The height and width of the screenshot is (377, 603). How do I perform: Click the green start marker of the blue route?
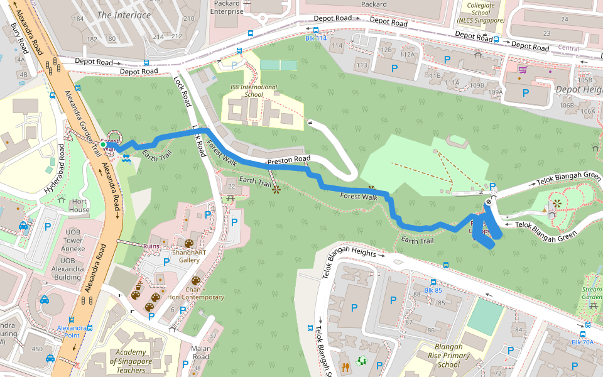pyautogui.click(x=103, y=145)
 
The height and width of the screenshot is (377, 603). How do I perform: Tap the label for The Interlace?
pyautogui.click(x=124, y=14)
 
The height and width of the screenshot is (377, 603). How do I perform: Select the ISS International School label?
pyautogui.click(x=253, y=90)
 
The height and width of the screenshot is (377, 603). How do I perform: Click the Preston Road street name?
pyautogui.click(x=289, y=161)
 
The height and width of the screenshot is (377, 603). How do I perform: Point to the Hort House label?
pyautogui.click(x=79, y=205)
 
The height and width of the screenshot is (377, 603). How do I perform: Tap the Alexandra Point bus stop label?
pyautogui.click(x=72, y=328)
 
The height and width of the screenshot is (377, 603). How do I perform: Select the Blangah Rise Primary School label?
pyautogui.click(x=448, y=355)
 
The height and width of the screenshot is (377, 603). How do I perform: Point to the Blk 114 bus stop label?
pyautogui.click(x=316, y=38)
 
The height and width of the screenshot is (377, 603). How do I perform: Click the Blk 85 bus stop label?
pyautogui.click(x=433, y=290)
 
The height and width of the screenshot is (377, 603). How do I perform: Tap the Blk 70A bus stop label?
pyautogui.click(x=582, y=342)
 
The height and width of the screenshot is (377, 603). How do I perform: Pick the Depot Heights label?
pyautogui.click(x=579, y=90)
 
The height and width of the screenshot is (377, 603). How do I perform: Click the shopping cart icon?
pyautogui.click(x=523, y=68)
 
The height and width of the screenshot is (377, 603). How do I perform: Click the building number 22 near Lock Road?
pyautogui.click(x=231, y=186)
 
